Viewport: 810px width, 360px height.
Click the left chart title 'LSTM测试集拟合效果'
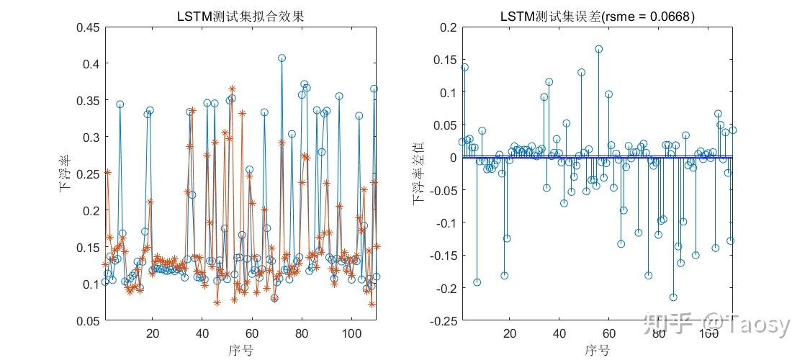point(240,17)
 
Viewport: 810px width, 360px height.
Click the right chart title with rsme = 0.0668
point(598,17)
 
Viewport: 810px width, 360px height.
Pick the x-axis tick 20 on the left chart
point(153,333)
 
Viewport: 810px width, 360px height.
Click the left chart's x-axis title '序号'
point(240,351)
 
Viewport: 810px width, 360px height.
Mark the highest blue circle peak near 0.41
point(282,58)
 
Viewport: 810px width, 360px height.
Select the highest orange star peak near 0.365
point(232,89)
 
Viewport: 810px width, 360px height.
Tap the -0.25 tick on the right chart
point(444,320)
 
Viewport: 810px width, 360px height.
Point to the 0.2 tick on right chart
point(449,27)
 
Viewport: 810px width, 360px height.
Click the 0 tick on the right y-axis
point(454,158)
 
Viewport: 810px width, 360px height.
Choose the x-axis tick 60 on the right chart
point(608,333)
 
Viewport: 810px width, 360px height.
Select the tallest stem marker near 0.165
point(598,50)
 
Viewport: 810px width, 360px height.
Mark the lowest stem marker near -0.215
point(673,297)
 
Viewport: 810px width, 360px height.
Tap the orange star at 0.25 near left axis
point(107,172)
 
